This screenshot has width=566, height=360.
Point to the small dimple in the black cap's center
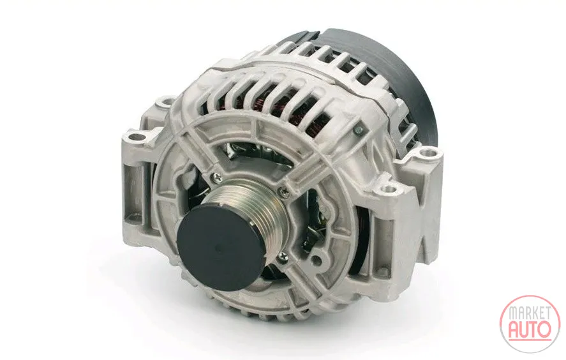[216, 248]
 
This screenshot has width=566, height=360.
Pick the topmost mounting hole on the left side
[166, 101]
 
